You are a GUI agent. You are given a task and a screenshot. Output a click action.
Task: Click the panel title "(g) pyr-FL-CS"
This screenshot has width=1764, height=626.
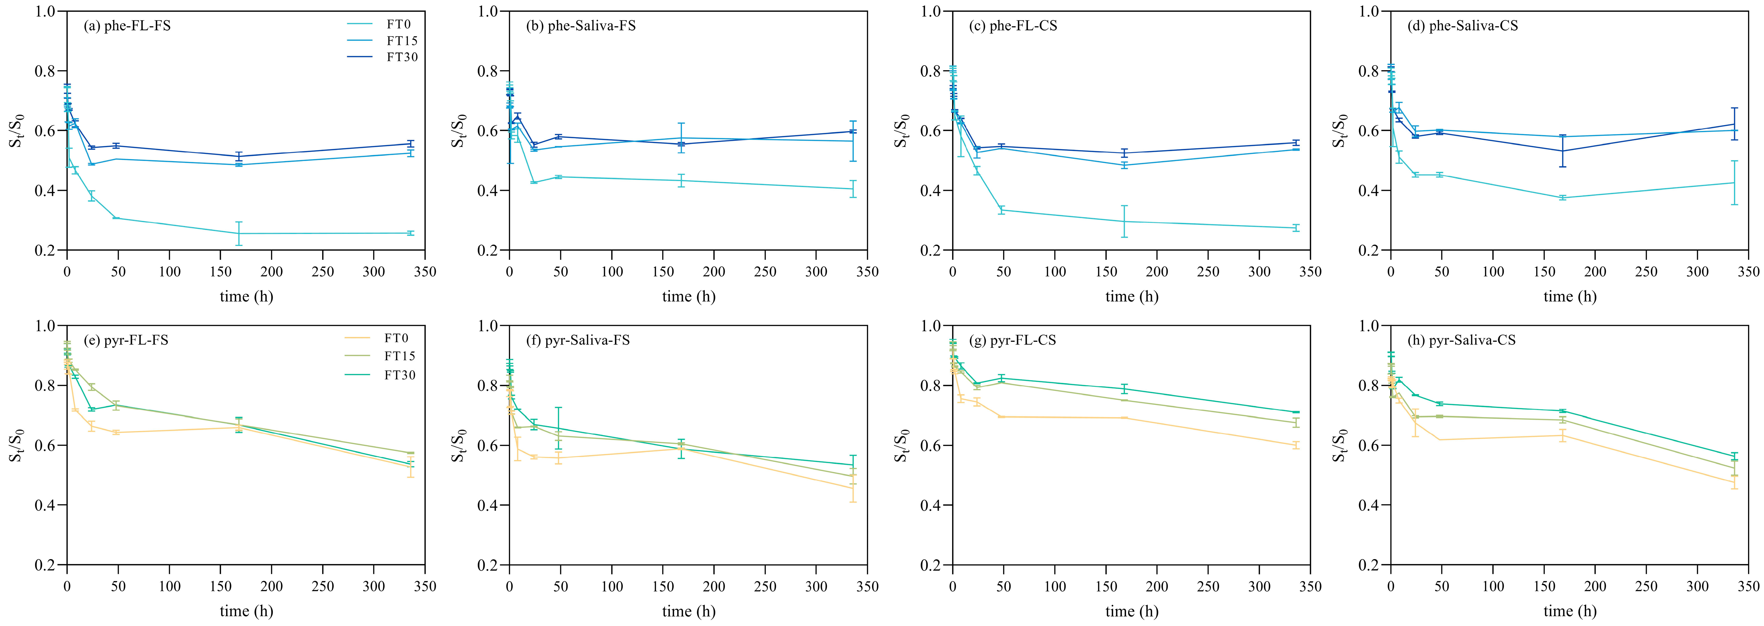pos(1012,340)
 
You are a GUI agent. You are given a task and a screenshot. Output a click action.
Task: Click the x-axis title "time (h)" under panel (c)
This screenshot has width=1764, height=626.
pos(1131,297)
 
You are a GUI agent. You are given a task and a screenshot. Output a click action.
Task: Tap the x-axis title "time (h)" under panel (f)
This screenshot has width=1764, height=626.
pos(688,611)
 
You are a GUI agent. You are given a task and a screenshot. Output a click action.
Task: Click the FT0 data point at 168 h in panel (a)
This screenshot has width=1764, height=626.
pos(238,234)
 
